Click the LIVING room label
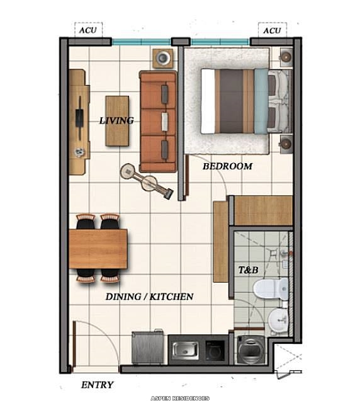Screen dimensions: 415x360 (116, 120)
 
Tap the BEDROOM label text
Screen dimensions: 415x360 (227, 166)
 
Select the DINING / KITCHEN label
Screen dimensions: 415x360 (149, 296)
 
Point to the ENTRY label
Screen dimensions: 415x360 (98, 385)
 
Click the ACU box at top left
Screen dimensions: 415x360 (88, 30)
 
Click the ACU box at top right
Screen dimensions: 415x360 (272, 30)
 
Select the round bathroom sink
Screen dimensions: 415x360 (276, 321)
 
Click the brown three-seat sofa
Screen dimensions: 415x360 (158, 122)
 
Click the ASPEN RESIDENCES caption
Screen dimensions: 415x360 (180, 399)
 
